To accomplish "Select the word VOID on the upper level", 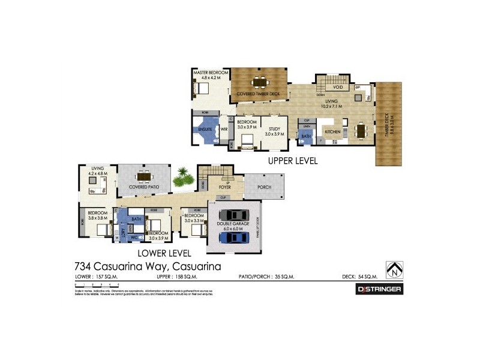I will (x=338, y=86).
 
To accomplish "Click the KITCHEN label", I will (x=332, y=130).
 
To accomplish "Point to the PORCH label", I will (x=264, y=187).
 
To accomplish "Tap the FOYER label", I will (x=224, y=187).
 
